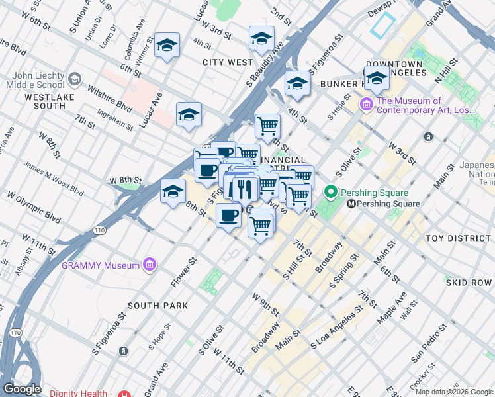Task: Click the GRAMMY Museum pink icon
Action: click(x=150, y=265)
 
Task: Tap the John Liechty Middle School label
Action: click(x=33, y=80)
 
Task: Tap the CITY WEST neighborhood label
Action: click(x=228, y=62)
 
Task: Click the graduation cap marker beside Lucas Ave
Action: click(x=189, y=114)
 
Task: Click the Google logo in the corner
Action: click(x=22, y=389)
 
